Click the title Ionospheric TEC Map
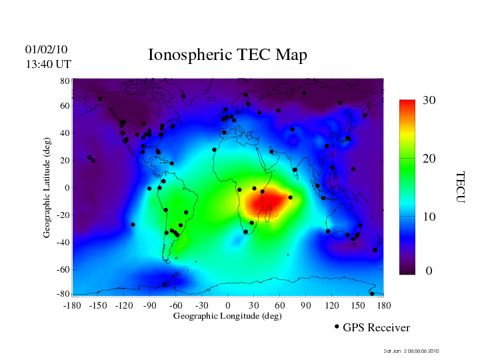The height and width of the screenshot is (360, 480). point(227,55)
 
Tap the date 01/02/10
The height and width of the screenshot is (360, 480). point(46,49)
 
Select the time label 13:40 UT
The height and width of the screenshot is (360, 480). point(48,64)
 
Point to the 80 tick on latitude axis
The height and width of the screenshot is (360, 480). point(65,81)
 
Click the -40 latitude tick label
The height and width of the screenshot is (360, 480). point(63,243)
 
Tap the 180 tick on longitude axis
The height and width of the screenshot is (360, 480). point(384,305)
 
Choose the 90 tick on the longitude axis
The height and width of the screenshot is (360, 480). point(306,305)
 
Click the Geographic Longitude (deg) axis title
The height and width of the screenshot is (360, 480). point(227,316)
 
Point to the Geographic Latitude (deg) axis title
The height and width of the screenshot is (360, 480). point(47,192)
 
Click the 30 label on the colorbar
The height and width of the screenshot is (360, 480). point(429,101)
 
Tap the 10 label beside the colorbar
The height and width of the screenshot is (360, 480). point(429,217)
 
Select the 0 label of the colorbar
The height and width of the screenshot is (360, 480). point(429,271)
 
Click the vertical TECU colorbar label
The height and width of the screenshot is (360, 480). point(460,187)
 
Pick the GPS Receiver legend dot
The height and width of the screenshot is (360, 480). point(337,327)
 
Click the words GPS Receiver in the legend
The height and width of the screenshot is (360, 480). point(376,327)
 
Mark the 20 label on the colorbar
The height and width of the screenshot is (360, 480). point(429,161)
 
